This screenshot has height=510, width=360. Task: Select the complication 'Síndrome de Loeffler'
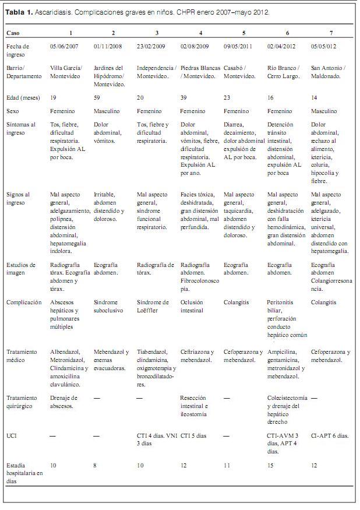point(153,306)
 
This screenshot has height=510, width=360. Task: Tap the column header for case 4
point(200,33)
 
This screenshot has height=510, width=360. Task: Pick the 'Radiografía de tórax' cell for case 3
point(155,269)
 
